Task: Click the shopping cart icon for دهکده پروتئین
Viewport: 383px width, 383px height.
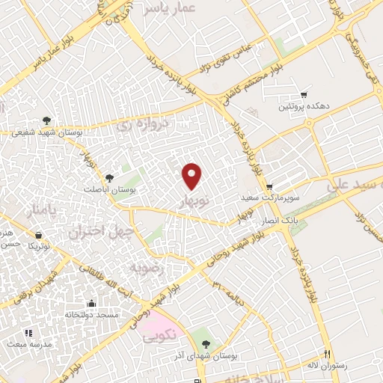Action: click(x=304, y=95)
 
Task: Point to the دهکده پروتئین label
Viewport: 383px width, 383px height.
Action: click(x=304, y=107)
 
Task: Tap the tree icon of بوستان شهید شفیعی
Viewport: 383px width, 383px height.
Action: click(x=47, y=120)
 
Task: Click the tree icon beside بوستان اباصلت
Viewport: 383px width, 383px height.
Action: click(x=110, y=178)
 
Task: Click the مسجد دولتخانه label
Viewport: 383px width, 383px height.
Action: click(x=92, y=316)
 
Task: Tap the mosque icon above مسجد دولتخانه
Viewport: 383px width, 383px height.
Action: click(x=92, y=303)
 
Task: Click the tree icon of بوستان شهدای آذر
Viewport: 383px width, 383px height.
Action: click(x=206, y=344)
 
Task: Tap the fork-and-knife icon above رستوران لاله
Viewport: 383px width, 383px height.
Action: click(x=327, y=355)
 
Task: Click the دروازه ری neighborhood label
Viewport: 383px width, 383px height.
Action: click(x=144, y=126)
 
